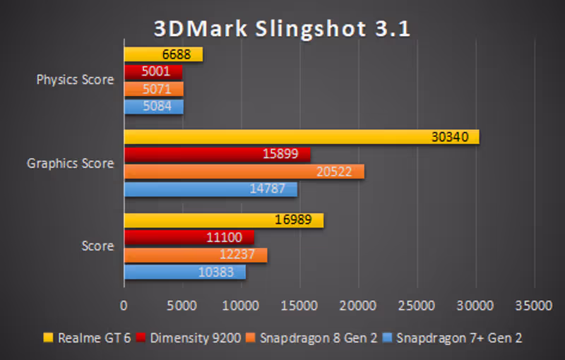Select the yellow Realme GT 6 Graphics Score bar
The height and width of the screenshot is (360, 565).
click(x=302, y=137)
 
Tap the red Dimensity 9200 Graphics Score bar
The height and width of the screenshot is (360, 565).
click(x=217, y=155)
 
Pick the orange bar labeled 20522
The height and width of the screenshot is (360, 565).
click(x=244, y=172)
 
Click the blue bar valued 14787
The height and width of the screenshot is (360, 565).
click(x=210, y=189)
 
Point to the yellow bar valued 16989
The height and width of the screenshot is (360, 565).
click(x=223, y=220)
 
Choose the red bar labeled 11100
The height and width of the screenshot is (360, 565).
click(x=189, y=238)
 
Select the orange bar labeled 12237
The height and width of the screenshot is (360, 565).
click(x=195, y=255)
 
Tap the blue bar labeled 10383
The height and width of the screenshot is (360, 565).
click(x=184, y=272)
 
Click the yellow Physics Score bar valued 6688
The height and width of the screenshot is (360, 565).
click(x=163, y=54)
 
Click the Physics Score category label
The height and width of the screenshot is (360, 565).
click(x=75, y=80)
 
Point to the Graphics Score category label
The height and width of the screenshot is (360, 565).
click(x=70, y=163)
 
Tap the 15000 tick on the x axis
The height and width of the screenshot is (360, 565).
click(x=299, y=305)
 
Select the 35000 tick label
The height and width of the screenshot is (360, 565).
click(x=533, y=305)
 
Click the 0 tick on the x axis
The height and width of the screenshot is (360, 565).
click(x=124, y=305)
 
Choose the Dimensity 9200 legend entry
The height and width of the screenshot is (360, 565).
click(x=180, y=338)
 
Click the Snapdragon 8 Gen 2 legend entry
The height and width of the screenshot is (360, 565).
click(x=311, y=338)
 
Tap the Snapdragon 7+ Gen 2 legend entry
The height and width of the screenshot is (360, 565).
click(x=453, y=338)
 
